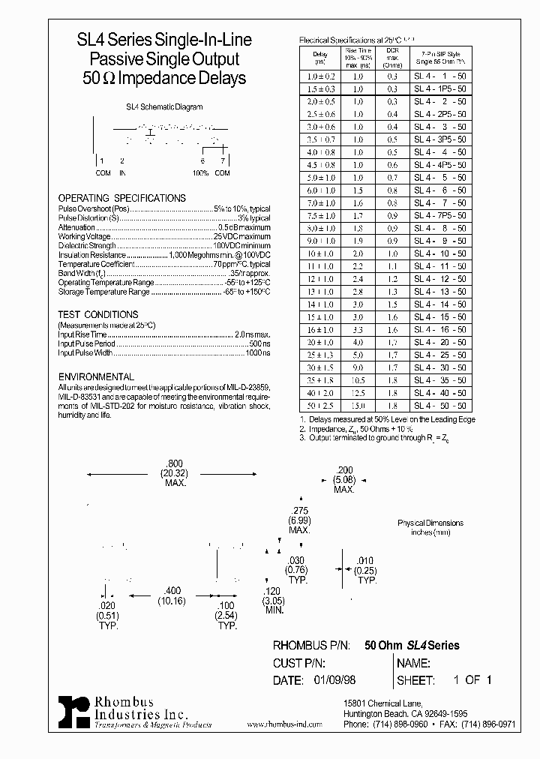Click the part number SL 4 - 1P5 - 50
(x=440, y=88)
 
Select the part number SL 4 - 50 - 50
(x=440, y=405)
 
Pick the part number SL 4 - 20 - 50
(x=440, y=341)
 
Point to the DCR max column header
(x=391, y=57)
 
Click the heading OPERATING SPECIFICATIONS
(x=121, y=198)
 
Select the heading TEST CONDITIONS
(x=98, y=315)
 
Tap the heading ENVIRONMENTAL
(x=96, y=376)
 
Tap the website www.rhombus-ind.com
(x=283, y=724)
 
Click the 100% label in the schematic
(x=200, y=173)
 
